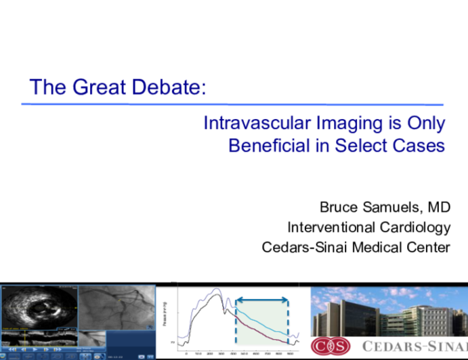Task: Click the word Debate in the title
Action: [170, 87]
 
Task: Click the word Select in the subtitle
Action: [366, 145]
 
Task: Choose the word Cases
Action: [421, 145]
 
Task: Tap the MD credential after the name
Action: [438, 206]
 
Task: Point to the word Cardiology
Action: [414, 227]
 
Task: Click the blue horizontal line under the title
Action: [232, 104]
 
